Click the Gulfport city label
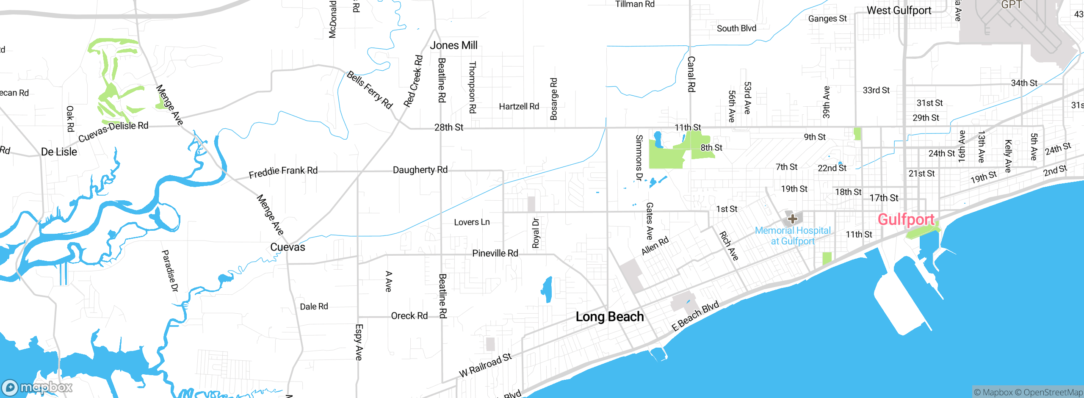click(x=906, y=219)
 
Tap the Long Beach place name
click(x=610, y=317)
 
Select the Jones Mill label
click(x=454, y=45)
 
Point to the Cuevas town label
click(x=288, y=247)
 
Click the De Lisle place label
click(x=59, y=152)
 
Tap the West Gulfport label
click(x=899, y=11)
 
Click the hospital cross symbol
click(x=793, y=219)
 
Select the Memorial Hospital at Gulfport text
click(x=793, y=236)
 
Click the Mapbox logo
click(x=37, y=387)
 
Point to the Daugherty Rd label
click(x=420, y=170)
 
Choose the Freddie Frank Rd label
click(x=283, y=171)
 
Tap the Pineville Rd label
click(x=495, y=253)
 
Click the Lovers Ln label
click(x=472, y=222)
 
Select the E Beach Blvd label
click(x=695, y=316)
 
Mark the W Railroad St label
click(x=485, y=365)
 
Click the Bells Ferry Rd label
click(x=370, y=90)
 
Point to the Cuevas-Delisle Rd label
click(x=113, y=131)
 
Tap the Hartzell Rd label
click(x=519, y=106)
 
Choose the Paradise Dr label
click(x=170, y=271)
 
